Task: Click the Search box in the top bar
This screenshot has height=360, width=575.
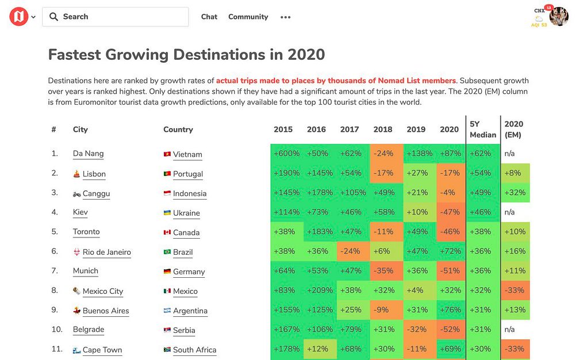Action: coord(115,17)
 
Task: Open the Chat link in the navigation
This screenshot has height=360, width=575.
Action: coord(209,17)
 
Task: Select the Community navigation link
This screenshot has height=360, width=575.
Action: coord(248,17)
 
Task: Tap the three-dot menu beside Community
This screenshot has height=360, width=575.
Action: coord(285,17)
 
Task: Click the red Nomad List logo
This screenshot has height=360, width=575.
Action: coord(18,17)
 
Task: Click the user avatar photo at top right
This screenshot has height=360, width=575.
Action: coord(559,17)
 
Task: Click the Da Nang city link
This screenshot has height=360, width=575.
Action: coord(88,154)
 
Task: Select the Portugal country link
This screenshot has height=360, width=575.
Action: coord(187,174)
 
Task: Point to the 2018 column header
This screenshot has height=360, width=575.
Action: coord(382,129)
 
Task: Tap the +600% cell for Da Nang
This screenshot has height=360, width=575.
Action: coord(286,154)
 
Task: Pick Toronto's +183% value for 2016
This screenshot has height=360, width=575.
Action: coord(316,232)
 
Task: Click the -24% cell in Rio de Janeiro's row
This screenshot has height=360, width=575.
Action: coord(349,251)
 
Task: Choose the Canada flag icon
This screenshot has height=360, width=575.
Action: coord(167,232)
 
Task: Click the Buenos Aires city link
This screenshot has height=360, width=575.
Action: coord(106,311)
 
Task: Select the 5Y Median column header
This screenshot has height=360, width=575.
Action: coord(482,129)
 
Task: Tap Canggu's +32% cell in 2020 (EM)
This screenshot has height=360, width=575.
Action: coord(515,193)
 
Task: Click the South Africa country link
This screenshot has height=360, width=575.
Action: coord(194,350)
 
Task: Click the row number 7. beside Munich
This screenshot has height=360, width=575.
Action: coord(55,271)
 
